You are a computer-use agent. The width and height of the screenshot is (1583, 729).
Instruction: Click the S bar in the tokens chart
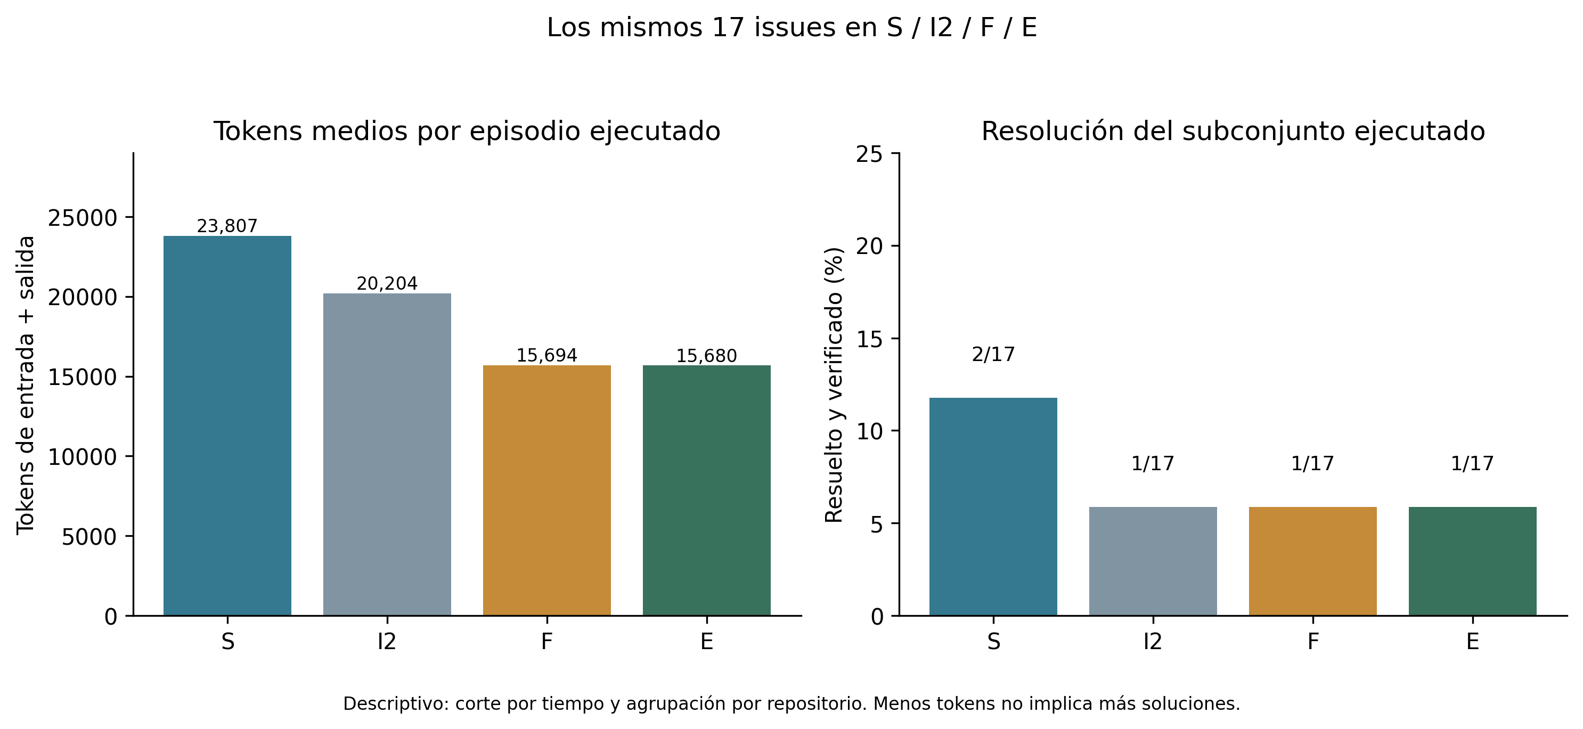227,425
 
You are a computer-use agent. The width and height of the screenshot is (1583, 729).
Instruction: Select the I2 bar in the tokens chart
387,454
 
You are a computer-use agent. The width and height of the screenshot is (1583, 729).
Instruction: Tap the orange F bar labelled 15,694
547,490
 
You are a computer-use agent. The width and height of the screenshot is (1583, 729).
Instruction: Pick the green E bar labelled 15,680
707,490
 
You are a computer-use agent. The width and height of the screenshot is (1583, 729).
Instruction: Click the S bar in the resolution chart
993,506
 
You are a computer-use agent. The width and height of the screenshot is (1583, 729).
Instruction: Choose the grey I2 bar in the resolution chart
1153,561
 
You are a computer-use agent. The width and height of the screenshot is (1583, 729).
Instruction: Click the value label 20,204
387,284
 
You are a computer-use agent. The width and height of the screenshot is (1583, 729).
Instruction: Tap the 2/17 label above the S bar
993,354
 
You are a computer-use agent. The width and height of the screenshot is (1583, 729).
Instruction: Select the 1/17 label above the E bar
1472,463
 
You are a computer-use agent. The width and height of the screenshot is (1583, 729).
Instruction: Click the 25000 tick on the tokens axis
83,218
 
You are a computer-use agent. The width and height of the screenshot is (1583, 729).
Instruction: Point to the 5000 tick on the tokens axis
89,537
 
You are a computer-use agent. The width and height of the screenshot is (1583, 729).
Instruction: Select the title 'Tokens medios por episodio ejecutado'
467,132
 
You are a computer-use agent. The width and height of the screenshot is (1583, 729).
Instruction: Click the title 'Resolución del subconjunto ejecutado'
1233,132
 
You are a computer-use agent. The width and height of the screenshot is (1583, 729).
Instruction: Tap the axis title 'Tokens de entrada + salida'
26,385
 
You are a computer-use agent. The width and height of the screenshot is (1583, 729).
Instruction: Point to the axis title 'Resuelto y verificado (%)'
834,385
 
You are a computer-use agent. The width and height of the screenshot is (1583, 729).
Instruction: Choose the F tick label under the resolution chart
1312,642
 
